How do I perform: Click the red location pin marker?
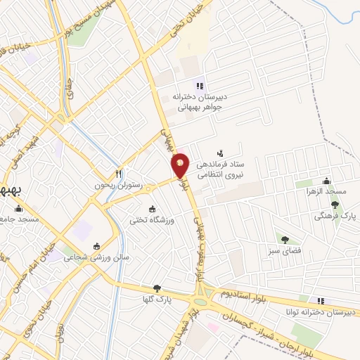click(x=181, y=165)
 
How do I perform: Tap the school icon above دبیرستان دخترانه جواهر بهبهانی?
click(x=199, y=86)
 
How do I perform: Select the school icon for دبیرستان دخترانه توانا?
click(x=321, y=301)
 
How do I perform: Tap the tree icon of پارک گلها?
click(x=157, y=288)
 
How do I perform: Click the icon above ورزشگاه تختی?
click(x=152, y=209)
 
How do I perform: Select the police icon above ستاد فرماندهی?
click(x=221, y=153)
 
